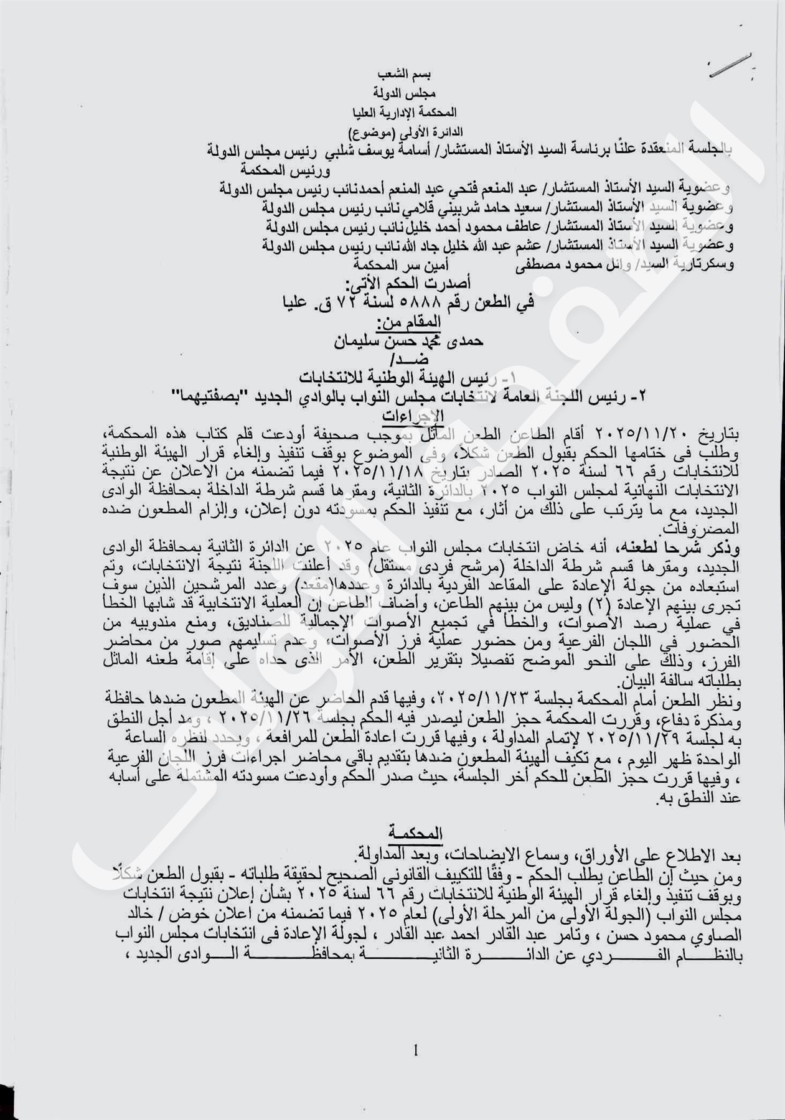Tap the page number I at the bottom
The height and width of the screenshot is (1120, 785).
coord(415,1052)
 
